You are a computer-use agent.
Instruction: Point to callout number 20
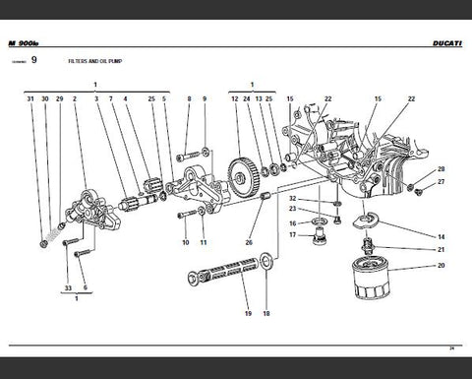pos(441,266)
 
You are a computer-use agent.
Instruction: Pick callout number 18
pos(265,313)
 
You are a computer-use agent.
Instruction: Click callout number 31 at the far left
pos(30,99)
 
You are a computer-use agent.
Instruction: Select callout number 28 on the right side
pos(441,168)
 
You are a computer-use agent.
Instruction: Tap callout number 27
pos(441,182)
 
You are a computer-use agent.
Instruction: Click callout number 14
pos(441,237)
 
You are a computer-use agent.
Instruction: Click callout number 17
pos(291,234)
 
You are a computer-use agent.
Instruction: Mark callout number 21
pos(441,250)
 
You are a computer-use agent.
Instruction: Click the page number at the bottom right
pos(449,347)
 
